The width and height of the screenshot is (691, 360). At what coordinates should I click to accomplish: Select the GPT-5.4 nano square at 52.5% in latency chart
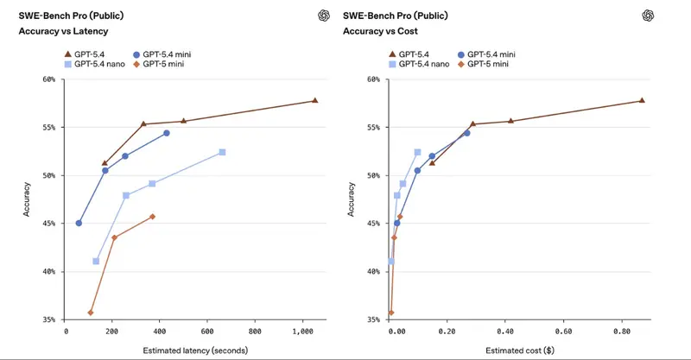[222, 152]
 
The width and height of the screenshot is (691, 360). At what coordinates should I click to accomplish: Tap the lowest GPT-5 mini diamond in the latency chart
[91, 313]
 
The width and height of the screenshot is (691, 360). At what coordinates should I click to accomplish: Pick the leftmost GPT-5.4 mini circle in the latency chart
[79, 223]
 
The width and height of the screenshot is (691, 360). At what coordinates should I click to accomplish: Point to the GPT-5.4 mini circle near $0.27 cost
[467, 133]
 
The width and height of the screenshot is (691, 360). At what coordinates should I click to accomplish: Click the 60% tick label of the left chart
[48, 79]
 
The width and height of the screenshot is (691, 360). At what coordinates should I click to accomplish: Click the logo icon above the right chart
[648, 15]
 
